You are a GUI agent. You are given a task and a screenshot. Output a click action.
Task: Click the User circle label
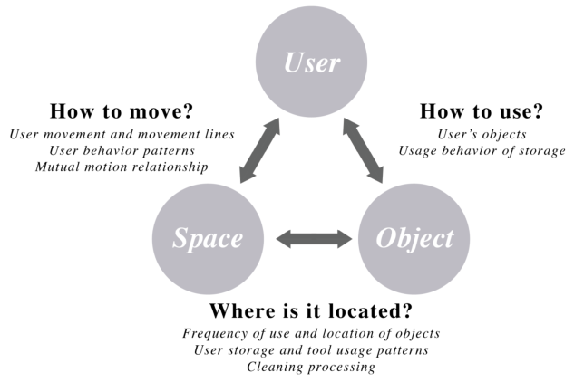coord(312,62)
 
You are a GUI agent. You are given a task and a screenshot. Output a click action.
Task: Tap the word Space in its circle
coord(208,238)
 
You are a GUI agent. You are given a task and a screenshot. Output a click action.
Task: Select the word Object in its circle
coord(414,238)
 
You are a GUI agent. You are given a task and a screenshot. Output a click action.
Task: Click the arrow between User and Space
coord(259,150)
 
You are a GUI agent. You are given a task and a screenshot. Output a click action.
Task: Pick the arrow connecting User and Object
coord(363,150)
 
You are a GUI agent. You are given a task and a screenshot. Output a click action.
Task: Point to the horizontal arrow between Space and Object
coord(314,239)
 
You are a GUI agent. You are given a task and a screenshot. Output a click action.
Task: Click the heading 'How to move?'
coord(122,111)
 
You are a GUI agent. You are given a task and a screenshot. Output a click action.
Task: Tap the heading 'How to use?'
coord(482,111)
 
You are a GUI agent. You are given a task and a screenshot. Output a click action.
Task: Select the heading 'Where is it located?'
coord(311,310)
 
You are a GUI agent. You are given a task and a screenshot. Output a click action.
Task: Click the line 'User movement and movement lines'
coord(122,134)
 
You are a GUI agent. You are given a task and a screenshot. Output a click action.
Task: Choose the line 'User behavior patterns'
coord(122,150)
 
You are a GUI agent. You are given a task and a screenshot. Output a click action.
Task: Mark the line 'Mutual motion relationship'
coord(122,167)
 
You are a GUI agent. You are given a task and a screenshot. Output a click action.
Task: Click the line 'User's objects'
coord(482,134)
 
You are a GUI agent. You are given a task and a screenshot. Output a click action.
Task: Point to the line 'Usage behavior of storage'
coord(482,150)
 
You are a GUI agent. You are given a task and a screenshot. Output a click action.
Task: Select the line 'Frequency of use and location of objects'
coord(311,333)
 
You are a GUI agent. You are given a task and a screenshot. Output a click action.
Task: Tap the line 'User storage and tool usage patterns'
coord(311,350)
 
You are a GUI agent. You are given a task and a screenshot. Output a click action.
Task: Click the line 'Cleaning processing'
coord(311,367)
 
